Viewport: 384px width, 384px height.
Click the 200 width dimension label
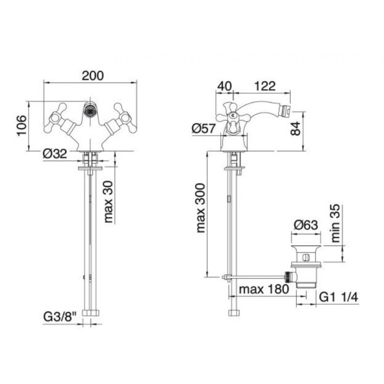coord(93,76)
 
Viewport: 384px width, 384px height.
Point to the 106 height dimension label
coord(22,126)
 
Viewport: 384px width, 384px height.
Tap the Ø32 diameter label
coord(55,154)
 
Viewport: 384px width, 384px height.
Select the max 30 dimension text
coord(108,202)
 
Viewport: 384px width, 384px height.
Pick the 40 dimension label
coord(224,86)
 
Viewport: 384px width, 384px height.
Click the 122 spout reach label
coord(265,86)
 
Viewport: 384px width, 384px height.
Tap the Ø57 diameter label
coord(204,128)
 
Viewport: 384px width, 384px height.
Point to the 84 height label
coord(295,128)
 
